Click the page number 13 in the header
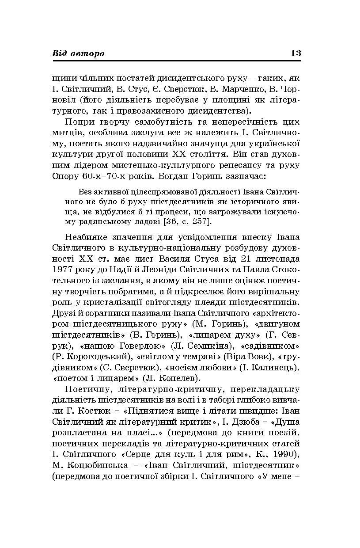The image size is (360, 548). (296, 53)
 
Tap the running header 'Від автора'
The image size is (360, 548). (79, 53)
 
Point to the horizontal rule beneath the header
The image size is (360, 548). (176, 61)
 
